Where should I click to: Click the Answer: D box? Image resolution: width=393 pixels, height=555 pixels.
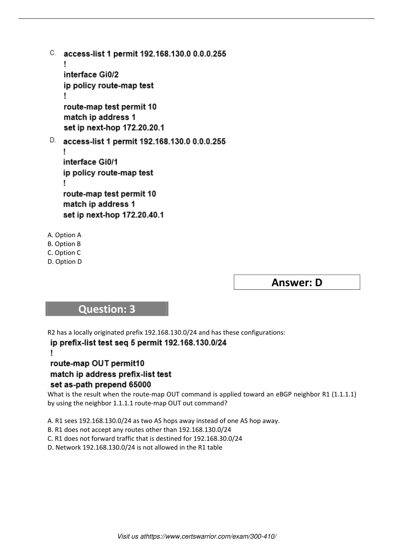tap(297, 282)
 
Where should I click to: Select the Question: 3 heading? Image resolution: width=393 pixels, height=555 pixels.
tap(107, 309)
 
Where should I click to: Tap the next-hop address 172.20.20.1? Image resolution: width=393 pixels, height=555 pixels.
tap(143, 128)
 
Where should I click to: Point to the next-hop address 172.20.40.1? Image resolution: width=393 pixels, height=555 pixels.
tap(143, 215)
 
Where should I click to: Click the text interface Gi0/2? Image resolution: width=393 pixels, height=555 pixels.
tap(91, 75)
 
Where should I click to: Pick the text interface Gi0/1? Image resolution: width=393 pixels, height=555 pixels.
tap(91, 162)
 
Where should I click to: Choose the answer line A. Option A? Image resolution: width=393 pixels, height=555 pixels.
tap(64, 235)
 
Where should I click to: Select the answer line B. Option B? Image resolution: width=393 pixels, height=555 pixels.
tap(64, 244)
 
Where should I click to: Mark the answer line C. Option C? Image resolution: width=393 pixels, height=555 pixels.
tap(64, 253)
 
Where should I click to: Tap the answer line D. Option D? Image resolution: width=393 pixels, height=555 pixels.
tap(64, 261)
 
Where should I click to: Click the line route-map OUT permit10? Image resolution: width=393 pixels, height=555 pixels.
tap(97, 363)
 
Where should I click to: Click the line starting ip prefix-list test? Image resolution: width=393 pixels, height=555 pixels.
tap(138, 343)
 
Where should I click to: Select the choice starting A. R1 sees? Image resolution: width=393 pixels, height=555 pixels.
tap(163, 421)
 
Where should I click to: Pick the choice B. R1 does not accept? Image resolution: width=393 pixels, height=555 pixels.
tap(139, 430)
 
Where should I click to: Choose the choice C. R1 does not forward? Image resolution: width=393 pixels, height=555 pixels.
tap(145, 438)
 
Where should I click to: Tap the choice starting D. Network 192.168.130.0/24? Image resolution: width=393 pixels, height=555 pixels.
tap(135, 447)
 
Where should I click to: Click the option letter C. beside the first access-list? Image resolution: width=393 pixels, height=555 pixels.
tap(53, 53)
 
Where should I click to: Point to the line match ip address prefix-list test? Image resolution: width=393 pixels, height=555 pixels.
tap(111, 374)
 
